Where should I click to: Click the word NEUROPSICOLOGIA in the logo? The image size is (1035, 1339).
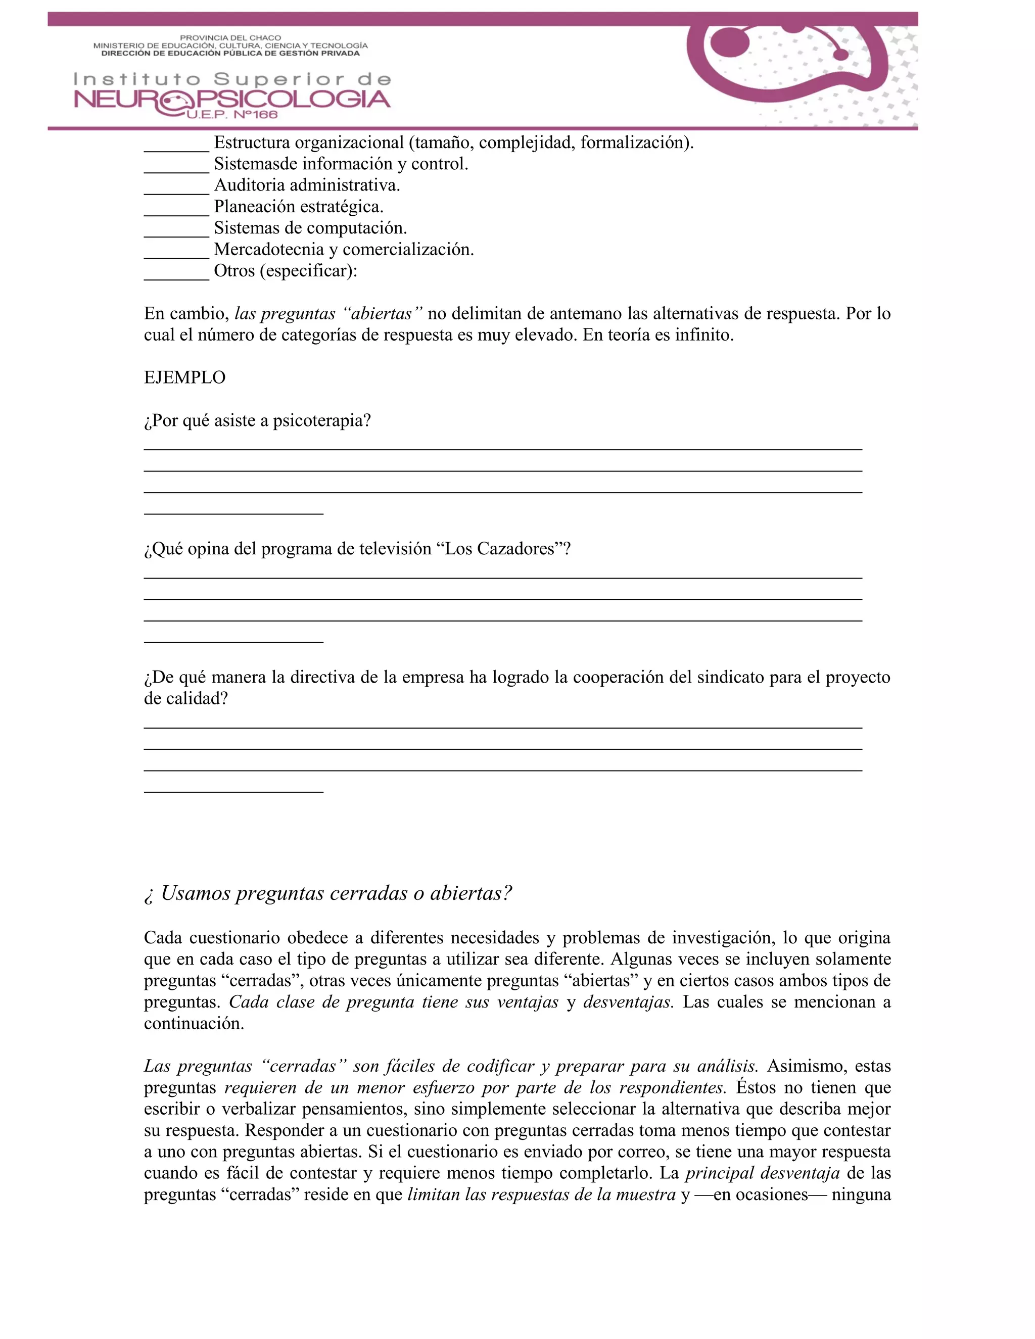[232, 100]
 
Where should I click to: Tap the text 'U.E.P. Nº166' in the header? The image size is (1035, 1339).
[232, 115]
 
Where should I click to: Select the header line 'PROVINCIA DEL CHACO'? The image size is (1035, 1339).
[230, 38]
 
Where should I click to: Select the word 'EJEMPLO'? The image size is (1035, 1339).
[184, 377]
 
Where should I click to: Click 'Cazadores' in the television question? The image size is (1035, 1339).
[515, 549]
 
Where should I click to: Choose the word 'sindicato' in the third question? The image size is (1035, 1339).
[712, 678]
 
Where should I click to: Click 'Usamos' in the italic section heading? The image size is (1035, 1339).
[196, 893]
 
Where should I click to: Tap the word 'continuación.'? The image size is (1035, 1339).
[194, 1023]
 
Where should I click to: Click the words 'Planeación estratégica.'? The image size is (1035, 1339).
[299, 207]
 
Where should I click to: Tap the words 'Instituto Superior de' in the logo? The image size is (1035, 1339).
[232, 79]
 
